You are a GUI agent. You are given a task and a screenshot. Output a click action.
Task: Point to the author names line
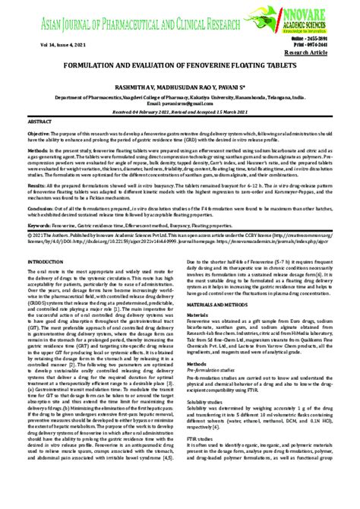(180, 88)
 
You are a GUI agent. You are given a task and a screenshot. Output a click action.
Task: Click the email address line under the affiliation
(180, 105)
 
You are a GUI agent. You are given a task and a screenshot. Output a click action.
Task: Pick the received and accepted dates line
(180, 112)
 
